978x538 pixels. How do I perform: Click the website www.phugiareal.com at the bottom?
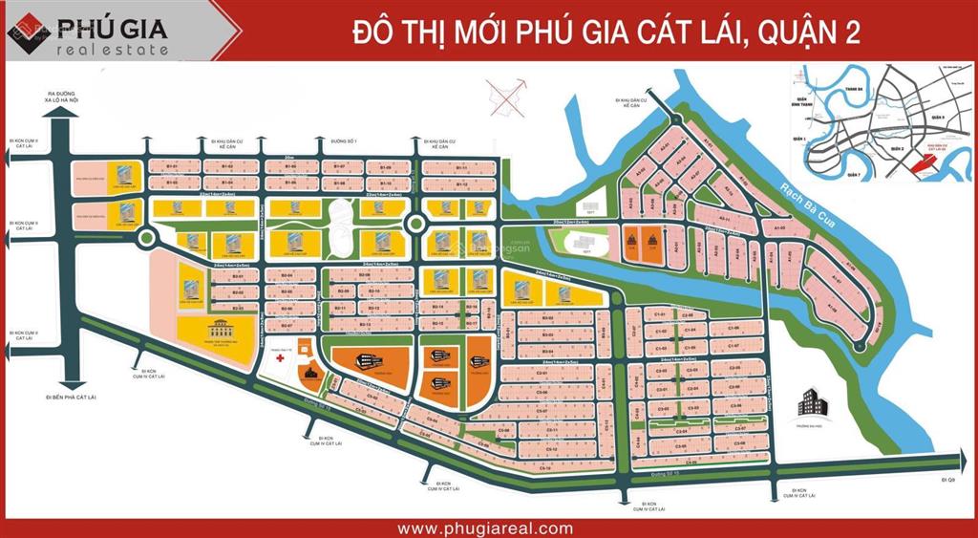(x=485, y=527)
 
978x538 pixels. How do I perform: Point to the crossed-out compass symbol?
(x=506, y=97)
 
